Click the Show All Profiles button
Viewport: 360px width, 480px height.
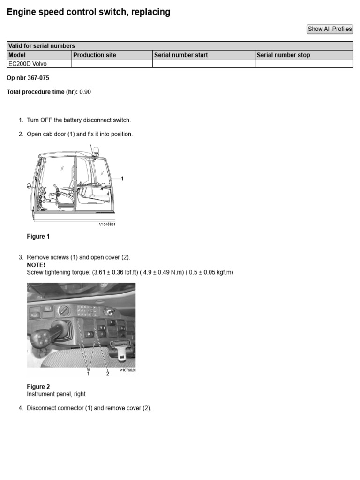[x=330, y=29]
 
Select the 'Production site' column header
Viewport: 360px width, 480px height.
[x=95, y=55]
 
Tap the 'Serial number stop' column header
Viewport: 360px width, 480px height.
[x=283, y=55]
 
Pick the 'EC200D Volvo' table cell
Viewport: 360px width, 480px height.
[x=28, y=64]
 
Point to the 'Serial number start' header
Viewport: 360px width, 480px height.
[x=181, y=55]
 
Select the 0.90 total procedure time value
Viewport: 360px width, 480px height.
[x=85, y=92]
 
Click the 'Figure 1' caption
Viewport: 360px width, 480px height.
[x=38, y=237]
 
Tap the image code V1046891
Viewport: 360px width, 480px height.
[x=107, y=225]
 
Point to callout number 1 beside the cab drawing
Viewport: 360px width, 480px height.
[x=122, y=179]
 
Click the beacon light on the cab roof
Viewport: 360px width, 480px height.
[x=96, y=150]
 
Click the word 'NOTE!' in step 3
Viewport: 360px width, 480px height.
[x=36, y=265]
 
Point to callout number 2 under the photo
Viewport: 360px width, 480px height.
[x=107, y=374]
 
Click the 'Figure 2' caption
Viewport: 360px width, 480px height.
[x=38, y=387]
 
